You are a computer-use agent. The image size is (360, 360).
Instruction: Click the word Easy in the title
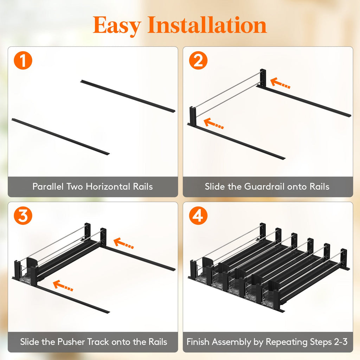(117, 26)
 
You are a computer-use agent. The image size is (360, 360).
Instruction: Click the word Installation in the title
(207, 25)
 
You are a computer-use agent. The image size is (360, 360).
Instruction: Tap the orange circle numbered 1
(23, 60)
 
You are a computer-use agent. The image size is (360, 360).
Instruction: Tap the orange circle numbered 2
(198, 60)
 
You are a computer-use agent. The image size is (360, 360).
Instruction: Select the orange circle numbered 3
(23, 216)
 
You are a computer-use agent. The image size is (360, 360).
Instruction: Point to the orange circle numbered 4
(198, 216)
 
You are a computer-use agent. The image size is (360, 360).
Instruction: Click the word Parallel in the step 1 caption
(48, 186)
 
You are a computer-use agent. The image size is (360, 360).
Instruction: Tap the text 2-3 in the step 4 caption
(341, 342)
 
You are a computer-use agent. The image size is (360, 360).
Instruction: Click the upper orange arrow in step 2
(280, 83)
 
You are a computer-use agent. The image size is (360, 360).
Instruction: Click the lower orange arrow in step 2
(213, 123)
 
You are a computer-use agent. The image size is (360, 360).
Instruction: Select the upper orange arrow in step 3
(123, 243)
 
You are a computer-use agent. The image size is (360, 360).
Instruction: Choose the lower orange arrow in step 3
(63, 285)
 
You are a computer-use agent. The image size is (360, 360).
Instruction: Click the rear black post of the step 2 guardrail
(263, 78)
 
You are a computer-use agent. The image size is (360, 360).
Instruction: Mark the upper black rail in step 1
(128, 96)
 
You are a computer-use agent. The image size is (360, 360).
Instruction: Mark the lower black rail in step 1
(60, 136)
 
